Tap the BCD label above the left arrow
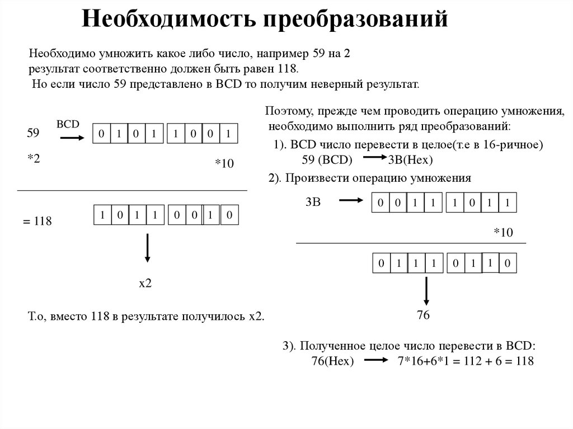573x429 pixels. [x=68, y=124]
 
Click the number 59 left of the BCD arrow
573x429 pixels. [x=33, y=134]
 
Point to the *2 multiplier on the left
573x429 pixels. [x=34, y=160]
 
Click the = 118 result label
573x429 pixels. [x=37, y=221]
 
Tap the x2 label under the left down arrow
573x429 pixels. [x=145, y=284]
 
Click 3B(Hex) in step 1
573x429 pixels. [x=411, y=160]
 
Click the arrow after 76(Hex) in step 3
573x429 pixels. [x=375, y=361]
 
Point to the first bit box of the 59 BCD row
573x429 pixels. [x=101, y=134]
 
